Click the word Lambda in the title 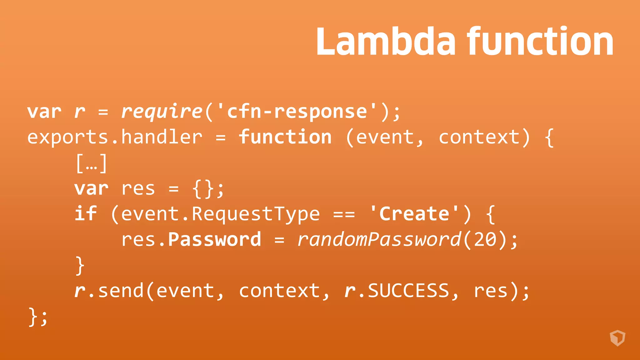(386, 41)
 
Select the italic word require (162, 112)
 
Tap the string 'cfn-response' (297, 112)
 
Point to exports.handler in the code (115, 137)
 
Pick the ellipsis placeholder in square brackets (92, 163)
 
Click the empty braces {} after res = (203, 189)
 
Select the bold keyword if (86, 214)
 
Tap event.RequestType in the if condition (220, 214)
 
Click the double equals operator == (344, 215)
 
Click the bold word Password (214, 240)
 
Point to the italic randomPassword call (379, 240)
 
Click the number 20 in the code (485, 240)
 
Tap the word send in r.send (121, 291)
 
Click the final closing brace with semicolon (38, 317)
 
